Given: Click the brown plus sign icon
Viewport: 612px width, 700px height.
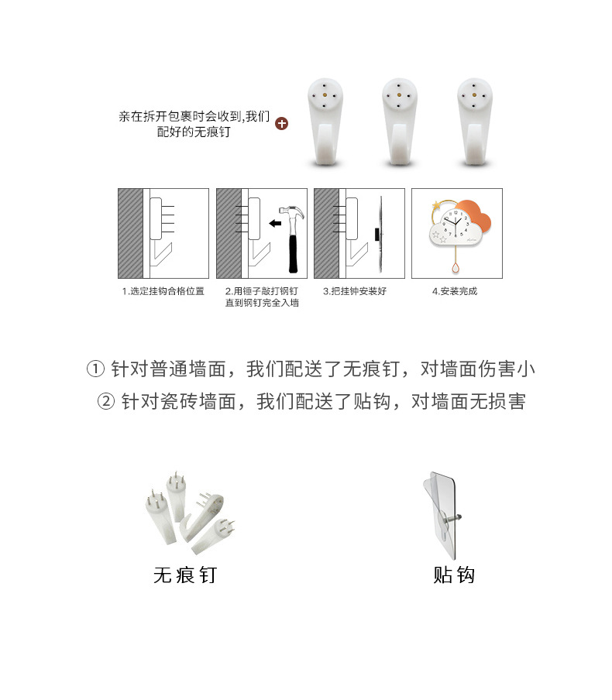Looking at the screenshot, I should (x=282, y=123).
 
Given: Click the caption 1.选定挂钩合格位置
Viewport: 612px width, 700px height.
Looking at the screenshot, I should (x=163, y=292).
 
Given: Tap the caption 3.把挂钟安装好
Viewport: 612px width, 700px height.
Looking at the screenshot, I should (x=354, y=292).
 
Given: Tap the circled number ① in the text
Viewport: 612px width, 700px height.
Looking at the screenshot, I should (x=95, y=369).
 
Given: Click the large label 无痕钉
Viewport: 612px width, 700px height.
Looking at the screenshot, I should (x=185, y=575).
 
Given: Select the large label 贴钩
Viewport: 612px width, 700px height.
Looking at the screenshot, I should (x=453, y=575).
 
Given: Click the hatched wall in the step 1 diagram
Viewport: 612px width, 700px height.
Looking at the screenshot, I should (x=130, y=233).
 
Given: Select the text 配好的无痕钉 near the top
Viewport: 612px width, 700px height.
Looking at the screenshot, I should (x=193, y=132).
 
